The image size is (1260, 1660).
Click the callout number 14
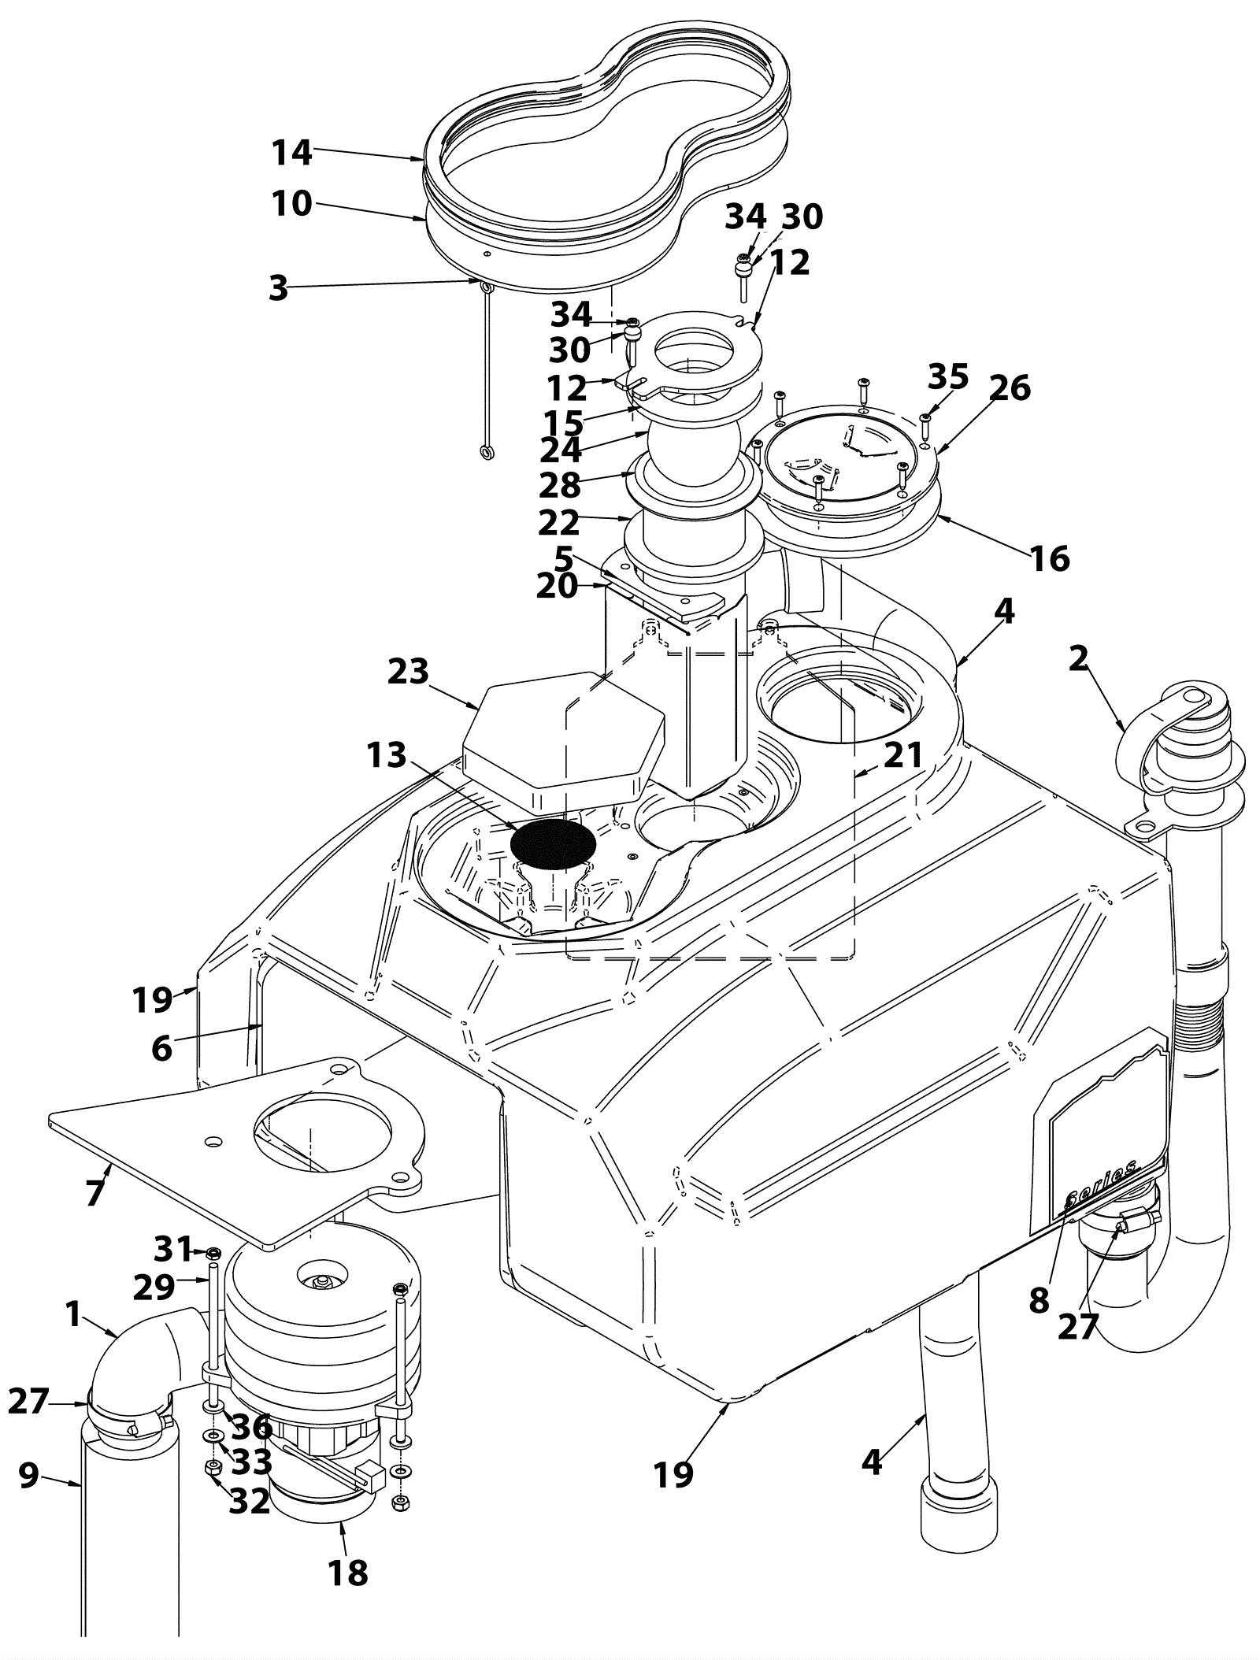pyautogui.click(x=293, y=152)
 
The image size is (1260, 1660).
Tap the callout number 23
pyautogui.click(x=408, y=672)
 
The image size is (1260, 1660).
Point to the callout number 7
pyautogui.click(x=94, y=1193)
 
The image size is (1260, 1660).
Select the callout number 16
pyautogui.click(x=1051, y=559)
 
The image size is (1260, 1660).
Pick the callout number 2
pyautogui.click(x=1077, y=658)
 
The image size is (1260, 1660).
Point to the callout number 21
pyautogui.click(x=902, y=755)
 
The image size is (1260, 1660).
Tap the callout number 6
pyautogui.click(x=161, y=1048)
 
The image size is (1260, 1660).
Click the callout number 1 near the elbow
pyautogui.click(x=73, y=1314)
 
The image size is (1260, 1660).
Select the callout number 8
pyautogui.click(x=1039, y=1301)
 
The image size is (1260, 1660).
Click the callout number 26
pyautogui.click(x=1010, y=387)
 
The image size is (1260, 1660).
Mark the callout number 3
pyautogui.click(x=279, y=288)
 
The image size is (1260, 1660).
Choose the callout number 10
pyautogui.click(x=293, y=204)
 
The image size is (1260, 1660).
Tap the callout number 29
pyautogui.click(x=154, y=1288)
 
